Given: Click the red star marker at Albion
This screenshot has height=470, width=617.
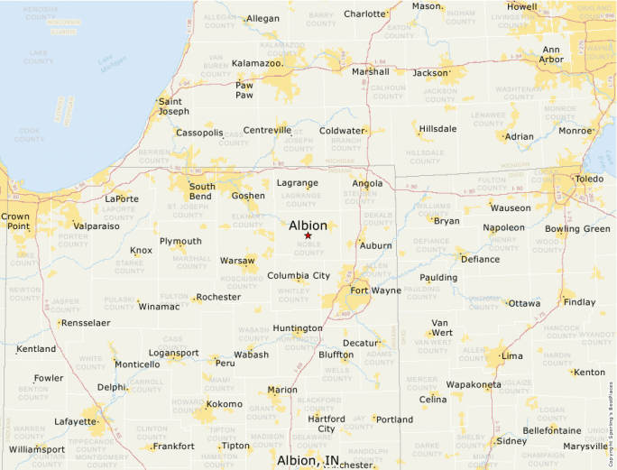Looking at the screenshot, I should [x=308, y=235].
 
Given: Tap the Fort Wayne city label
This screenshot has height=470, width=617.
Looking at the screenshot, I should [x=375, y=290].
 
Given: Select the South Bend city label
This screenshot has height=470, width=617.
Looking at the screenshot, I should [x=201, y=191].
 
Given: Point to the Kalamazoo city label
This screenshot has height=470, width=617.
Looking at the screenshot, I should [x=258, y=63].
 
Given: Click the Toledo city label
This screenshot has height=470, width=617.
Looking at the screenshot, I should [x=589, y=179].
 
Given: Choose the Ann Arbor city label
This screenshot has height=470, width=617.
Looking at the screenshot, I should [x=551, y=55].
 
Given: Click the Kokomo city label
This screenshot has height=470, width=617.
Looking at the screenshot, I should [x=224, y=404].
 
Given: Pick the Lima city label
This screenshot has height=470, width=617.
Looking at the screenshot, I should [x=511, y=355].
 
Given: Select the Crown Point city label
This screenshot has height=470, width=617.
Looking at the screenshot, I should [x=14, y=222].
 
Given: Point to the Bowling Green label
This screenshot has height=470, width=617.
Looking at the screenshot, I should [x=577, y=229].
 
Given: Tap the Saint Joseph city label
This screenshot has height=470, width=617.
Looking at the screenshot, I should [x=173, y=106].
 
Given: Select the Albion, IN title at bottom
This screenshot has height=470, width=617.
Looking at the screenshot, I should [x=308, y=461].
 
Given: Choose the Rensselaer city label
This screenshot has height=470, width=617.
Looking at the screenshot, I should [x=85, y=322].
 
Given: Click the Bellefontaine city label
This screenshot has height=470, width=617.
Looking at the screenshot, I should [x=551, y=431].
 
